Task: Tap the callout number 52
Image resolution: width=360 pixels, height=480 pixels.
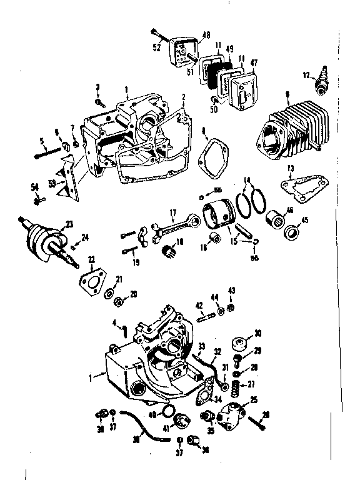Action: click(156, 47)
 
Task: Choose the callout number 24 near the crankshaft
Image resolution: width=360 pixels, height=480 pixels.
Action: click(86, 237)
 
